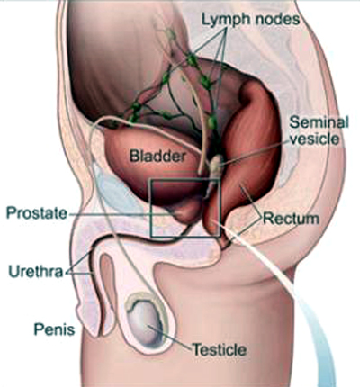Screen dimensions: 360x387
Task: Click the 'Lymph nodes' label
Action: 250,20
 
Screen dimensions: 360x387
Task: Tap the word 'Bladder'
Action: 157,157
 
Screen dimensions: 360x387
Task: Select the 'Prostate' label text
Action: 37,213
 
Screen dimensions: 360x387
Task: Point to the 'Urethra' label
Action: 36,271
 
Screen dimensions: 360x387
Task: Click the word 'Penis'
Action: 54,329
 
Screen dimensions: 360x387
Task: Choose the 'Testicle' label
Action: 219,349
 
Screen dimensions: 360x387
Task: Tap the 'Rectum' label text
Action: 291,219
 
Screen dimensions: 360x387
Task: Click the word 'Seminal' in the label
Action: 319,122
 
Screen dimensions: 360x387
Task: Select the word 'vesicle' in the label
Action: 315,139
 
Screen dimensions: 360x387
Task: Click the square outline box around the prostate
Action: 151,208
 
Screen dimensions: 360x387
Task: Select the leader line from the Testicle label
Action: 169,337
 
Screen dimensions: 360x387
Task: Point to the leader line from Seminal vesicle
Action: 255,153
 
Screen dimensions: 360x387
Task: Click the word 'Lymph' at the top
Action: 226,20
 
